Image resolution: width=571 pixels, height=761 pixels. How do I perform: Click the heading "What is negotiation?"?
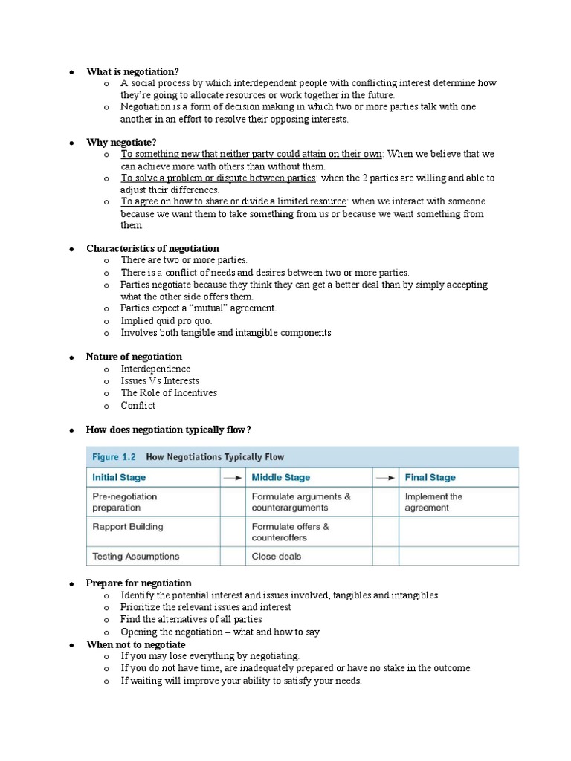coord(132,71)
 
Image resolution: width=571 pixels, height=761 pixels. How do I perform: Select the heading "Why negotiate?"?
coord(121,142)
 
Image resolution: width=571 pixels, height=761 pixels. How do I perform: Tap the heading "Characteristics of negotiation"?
coord(152,248)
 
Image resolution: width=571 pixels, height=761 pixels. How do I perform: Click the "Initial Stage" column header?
coord(119,477)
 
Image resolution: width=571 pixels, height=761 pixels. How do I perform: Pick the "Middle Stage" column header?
coord(281,477)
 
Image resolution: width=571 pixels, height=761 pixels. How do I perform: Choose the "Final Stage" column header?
coord(430,477)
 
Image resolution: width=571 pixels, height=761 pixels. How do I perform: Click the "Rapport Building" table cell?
coord(127,527)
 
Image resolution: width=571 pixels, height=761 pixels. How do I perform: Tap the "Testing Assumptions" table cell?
coord(135,556)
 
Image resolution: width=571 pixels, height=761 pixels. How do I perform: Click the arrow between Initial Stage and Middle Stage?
coord(232,477)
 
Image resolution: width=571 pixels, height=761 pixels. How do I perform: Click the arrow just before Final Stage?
coord(385,477)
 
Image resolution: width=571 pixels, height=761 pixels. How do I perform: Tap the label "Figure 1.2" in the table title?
coord(114,457)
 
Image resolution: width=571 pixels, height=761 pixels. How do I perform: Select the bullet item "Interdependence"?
coord(155,369)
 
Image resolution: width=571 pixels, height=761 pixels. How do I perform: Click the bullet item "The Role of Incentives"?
coord(169,392)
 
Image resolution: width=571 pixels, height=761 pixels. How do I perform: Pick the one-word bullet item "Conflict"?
coord(138,405)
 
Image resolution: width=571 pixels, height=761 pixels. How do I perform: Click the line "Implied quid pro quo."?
coord(166,320)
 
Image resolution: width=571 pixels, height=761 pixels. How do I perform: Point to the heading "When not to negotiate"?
coord(136,644)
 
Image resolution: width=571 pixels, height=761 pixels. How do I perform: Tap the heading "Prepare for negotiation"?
coord(139,583)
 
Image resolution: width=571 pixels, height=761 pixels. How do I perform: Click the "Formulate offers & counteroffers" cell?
coord(290,531)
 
